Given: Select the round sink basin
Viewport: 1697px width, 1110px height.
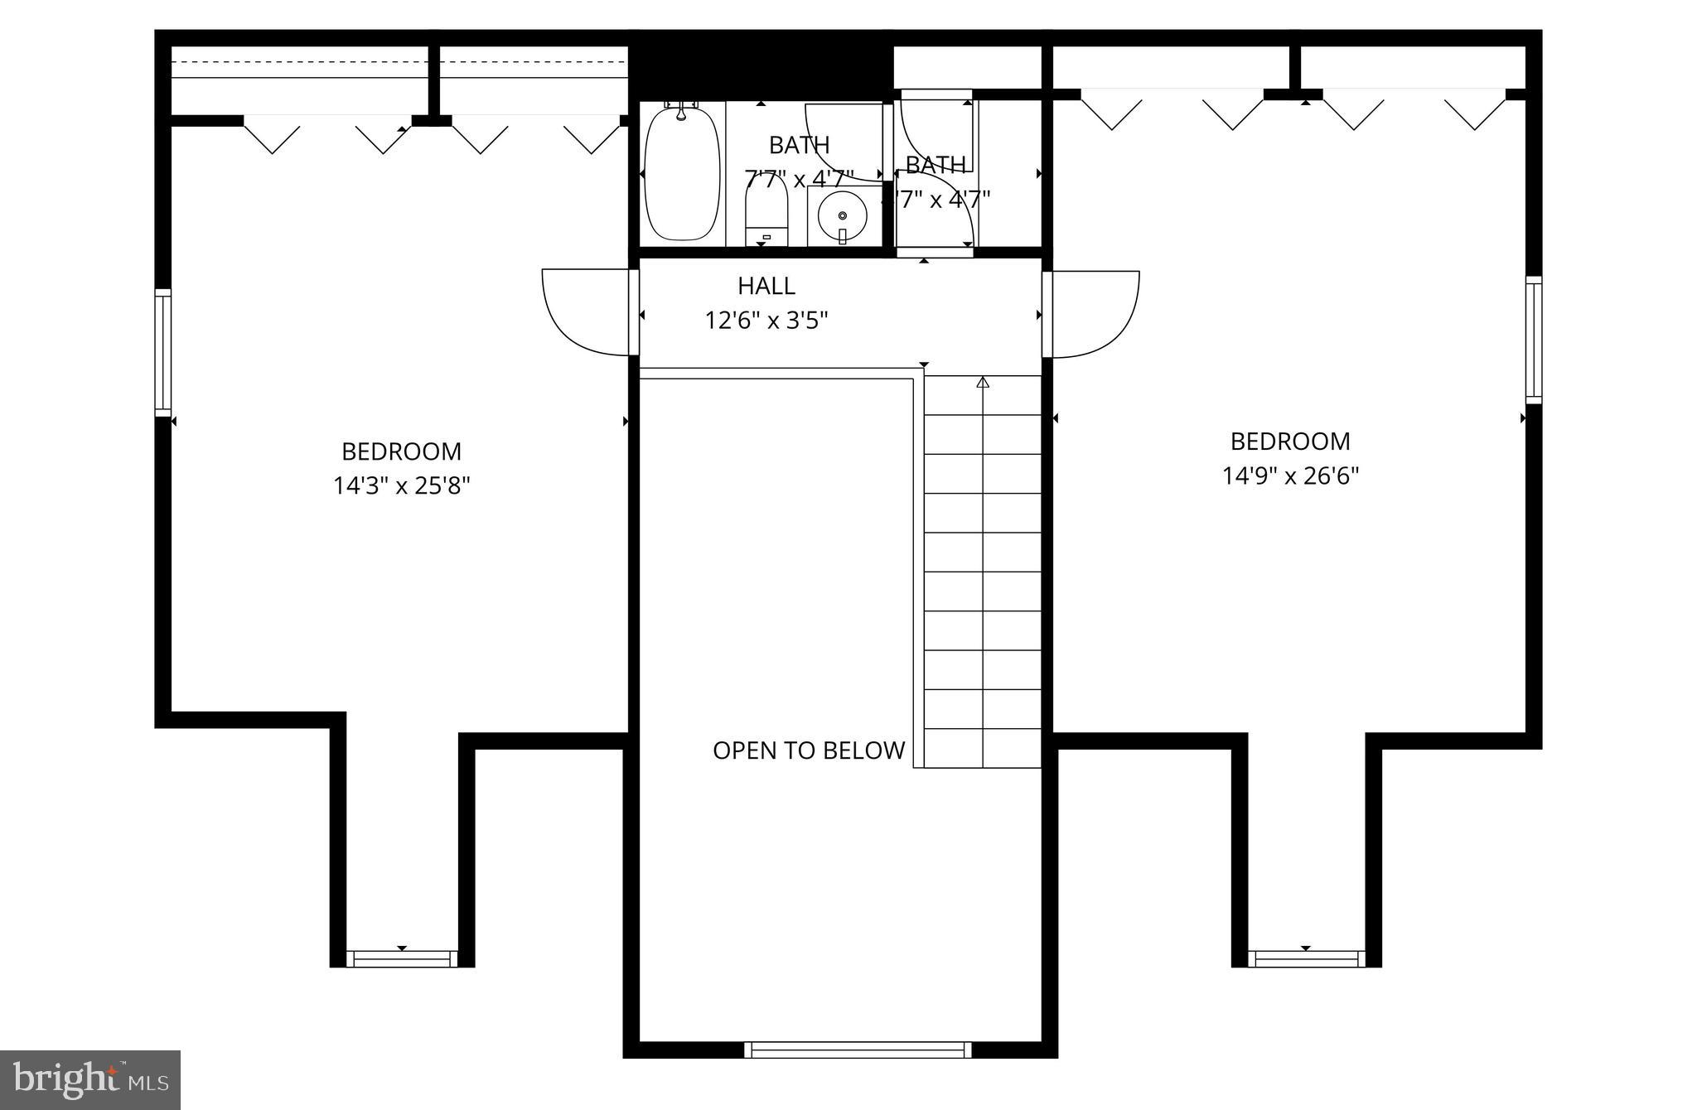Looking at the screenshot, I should (x=842, y=216).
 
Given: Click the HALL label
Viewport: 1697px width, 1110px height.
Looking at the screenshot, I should (x=766, y=286).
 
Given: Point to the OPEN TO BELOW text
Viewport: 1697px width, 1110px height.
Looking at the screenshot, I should (x=809, y=750).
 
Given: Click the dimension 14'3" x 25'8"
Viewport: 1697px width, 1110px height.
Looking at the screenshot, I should (x=402, y=485).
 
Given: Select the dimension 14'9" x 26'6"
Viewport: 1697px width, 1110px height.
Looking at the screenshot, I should (x=1291, y=475).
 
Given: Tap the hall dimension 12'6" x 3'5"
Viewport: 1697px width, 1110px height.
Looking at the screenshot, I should (x=766, y=320).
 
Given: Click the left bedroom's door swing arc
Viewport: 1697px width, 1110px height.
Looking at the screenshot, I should (x=580, y=315).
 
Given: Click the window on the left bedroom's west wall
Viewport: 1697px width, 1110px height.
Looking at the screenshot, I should (x=163, y=352).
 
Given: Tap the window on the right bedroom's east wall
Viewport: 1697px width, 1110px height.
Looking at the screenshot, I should (x=1534, y=340).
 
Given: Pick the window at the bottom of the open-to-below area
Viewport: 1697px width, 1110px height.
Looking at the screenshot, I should (x=858, y=1050).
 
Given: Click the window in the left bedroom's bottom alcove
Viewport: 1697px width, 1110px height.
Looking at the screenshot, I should (x=402, y=958).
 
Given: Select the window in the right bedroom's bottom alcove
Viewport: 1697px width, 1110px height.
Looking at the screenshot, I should (x=1306, y=958).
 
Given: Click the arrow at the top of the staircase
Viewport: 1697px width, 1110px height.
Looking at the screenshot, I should (x=983, y=382).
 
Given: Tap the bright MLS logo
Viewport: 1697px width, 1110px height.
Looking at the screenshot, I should (x=90, y=1079).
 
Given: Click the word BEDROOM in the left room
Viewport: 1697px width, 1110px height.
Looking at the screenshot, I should (x=402, y=451).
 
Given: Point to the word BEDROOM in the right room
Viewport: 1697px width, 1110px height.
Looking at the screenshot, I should (x=1290, y=442).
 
